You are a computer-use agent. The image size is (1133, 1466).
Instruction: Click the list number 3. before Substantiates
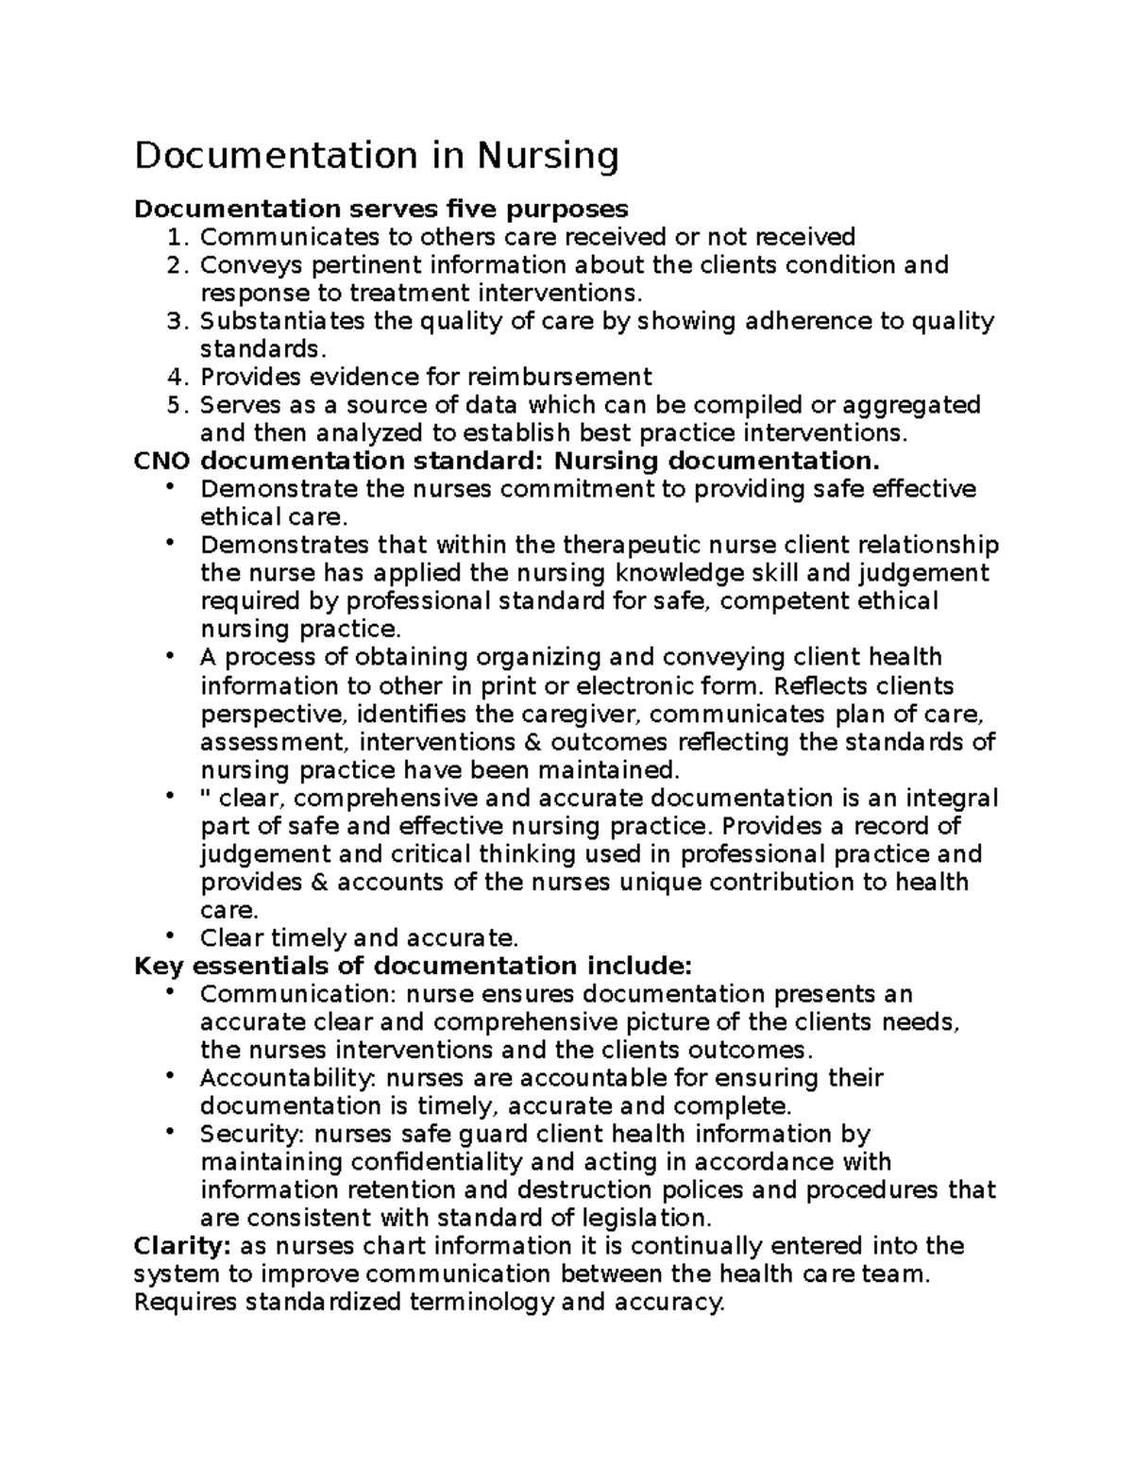click(178, 322)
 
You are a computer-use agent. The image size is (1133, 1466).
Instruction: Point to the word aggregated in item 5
click(910, 406)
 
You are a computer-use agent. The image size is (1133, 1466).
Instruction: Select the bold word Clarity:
click(182, 1246)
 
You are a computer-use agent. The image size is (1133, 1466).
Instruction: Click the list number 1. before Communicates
click(178, 237)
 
